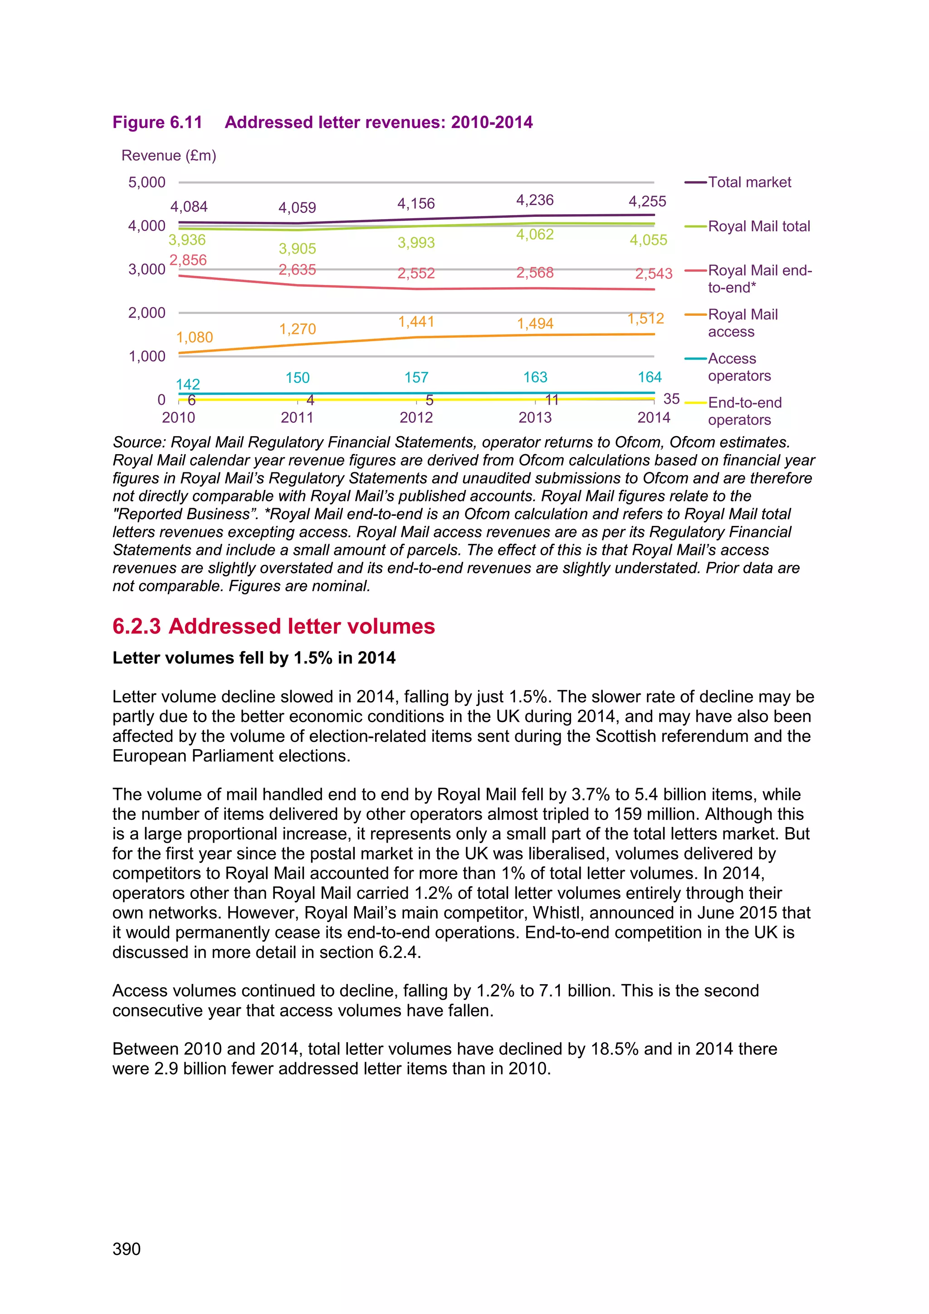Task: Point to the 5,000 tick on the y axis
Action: click(147, 182)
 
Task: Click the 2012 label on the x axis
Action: click(416, 417)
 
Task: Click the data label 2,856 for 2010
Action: click(188, 260)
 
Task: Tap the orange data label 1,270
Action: click(298, 329)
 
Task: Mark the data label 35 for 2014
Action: click(671, 398)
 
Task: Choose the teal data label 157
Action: click(416, 378)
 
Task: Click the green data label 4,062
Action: click(535, 235)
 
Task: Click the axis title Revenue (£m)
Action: click(169, 156)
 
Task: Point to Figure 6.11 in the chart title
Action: click(157, 123)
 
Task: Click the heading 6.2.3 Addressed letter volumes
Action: click(274, 626)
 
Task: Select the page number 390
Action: click(127, 1249)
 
